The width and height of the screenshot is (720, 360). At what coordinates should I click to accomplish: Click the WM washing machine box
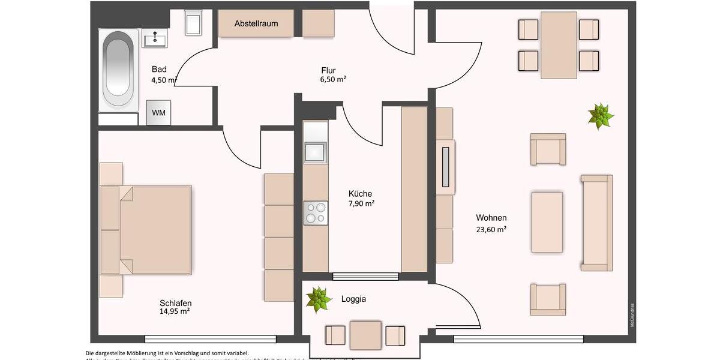159,113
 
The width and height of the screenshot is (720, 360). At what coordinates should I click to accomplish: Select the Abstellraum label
256,23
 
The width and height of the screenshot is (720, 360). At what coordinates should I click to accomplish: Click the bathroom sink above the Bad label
155,40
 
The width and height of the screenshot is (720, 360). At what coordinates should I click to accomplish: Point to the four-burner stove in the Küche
316,212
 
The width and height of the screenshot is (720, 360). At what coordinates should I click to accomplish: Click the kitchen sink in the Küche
315,152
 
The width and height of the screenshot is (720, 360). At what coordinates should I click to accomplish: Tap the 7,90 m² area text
361,203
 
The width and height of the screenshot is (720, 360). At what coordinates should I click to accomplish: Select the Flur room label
328,70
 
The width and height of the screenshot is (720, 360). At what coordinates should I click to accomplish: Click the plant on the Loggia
319,299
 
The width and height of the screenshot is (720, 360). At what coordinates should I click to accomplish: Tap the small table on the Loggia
365,335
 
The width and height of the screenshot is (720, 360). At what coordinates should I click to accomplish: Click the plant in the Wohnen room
600,116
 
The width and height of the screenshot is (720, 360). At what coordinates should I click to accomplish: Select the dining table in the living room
559,45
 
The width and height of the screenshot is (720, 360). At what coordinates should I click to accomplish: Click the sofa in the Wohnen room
596,223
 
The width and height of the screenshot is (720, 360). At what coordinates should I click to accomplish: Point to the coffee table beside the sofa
547,222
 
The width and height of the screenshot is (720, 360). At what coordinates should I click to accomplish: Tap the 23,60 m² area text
491,228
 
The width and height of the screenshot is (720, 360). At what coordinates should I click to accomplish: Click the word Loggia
353,299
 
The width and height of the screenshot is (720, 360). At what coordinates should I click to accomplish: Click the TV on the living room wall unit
445,167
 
